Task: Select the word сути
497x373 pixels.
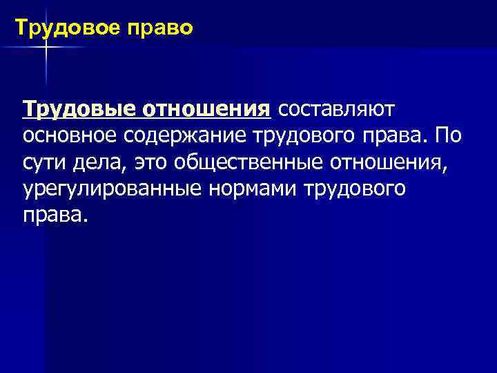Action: (x=43, y=162)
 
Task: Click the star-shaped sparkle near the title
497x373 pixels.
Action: (x=46, y=46)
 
